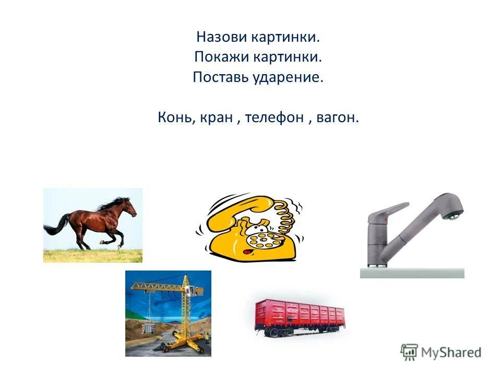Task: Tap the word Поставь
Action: pos(214,78)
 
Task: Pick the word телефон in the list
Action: pos(275,118)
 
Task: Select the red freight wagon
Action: pos(300,316)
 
